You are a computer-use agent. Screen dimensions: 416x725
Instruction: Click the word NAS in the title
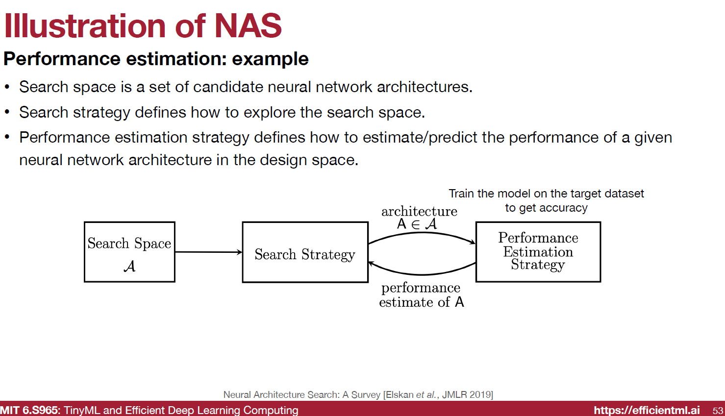[x=248, y=25]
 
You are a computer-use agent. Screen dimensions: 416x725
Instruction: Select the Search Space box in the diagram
[x=129, y=252]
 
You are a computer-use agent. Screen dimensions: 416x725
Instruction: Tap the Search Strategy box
[x=305, y=252]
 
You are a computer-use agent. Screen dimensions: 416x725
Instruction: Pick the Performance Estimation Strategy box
[x=538, y=252]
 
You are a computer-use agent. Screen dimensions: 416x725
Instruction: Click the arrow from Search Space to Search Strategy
[x=208, y=252]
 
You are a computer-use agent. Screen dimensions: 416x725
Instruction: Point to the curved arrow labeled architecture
[x=422, y=234]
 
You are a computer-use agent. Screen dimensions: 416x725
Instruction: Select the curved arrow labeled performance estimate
[x=422, y=274]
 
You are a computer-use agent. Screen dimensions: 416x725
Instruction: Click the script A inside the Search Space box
[x=129, y=266]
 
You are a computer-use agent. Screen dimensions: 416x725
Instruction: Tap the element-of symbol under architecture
[x=416, y=224]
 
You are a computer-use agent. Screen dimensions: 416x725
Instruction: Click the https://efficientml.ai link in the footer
[x=647, y=410]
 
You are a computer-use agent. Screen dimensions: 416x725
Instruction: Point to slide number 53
[x=718, y=411]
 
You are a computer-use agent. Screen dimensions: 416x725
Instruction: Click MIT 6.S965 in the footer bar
[x=29, y=410]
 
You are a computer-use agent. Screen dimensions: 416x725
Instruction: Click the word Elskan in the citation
[x=400, y=394]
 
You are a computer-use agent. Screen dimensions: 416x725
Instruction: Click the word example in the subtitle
[x=270, y=59]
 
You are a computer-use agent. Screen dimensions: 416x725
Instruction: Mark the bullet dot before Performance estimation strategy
[x=7, y=137]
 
